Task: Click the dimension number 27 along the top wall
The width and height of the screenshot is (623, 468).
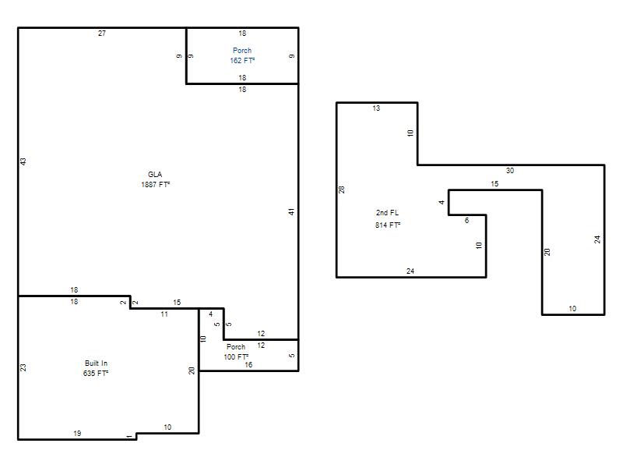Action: pos(102,34)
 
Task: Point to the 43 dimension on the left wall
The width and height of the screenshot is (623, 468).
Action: pos(23,161)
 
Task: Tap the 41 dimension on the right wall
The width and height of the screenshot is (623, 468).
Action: pos(291,212)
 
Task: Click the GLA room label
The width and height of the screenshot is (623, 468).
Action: pos(155,174)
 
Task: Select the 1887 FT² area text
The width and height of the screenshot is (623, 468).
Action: pos(155,185)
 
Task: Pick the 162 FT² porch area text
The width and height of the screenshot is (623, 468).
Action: pos(242,61)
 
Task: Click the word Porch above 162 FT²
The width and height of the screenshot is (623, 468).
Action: pos(242,51)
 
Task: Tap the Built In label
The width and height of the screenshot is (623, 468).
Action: pos(96,363)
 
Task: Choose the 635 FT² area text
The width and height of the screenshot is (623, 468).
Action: pos(96,374)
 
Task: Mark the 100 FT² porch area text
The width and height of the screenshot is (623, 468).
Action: pos(236,357)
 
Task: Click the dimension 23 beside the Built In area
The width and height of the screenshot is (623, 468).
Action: pos(23,367)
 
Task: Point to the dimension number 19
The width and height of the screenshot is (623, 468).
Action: pos(77,434)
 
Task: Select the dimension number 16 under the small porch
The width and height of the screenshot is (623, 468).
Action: pos(248,364)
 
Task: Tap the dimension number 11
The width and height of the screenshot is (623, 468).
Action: pos(164,314)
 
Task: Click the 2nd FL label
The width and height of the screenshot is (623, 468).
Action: pos(387,213)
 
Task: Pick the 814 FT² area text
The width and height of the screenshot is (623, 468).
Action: pos(388,225)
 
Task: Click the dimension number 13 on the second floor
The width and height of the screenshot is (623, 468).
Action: pos(376,108)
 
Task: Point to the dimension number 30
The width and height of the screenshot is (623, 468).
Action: pos(510,171)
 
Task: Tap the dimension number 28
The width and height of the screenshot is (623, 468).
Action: pos(342,190)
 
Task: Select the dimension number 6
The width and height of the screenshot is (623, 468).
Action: pos(466,221)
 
